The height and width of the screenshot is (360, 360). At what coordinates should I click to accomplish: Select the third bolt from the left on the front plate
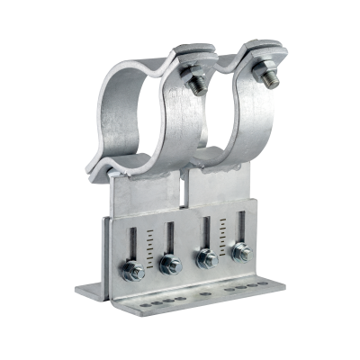pos(206,258)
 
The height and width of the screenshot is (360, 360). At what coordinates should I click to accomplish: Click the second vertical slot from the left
pos(166,238)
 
